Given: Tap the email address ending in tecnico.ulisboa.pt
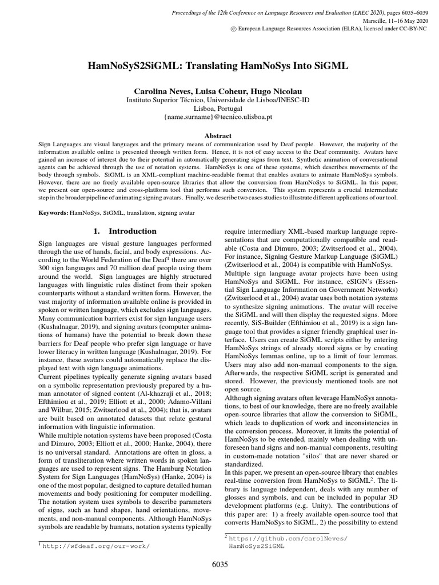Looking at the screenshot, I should point(219,116).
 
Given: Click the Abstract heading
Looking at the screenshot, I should point(219,136).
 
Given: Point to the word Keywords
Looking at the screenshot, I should point(53,213).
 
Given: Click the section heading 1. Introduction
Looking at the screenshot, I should point(124,231).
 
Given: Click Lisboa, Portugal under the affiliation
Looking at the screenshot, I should point(219,107).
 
